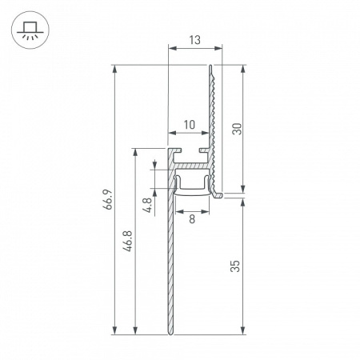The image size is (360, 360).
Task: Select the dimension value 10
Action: [190, 124]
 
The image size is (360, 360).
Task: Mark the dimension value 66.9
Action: [107, 200]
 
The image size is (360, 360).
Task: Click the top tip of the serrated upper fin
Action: [212, 66]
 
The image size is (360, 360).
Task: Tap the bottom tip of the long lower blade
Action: [170, 333]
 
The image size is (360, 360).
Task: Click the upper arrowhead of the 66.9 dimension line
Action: [117, 68]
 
